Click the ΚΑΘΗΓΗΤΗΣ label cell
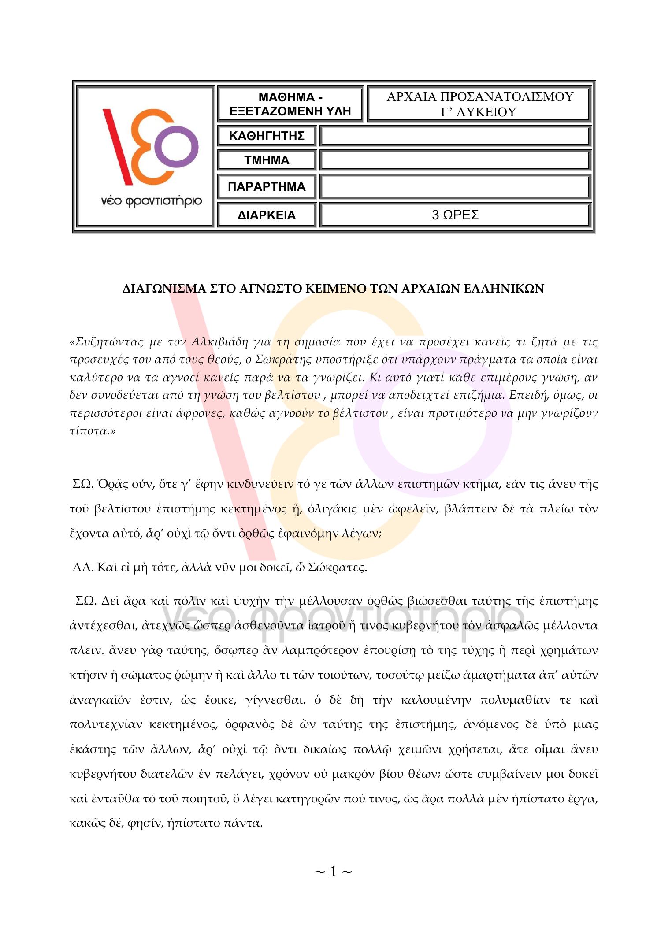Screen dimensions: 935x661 pos(267,136)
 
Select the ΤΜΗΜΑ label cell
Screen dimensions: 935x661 pos(267,160)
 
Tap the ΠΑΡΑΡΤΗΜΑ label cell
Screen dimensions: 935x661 pos(267,186)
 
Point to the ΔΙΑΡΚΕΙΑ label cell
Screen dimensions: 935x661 pos(267,215)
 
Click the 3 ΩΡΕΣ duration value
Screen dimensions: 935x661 pos(455,215)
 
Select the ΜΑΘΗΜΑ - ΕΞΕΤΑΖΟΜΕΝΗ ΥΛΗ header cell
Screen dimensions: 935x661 pos(290,104)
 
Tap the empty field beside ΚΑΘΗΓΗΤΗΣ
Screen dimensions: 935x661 pos(455,136)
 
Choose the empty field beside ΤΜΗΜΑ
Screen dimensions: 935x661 pos(455,160)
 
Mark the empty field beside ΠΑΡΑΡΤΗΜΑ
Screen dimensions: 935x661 pos(455,186)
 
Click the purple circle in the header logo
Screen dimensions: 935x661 pos(177,147)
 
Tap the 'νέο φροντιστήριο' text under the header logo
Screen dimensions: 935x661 pos(151,201)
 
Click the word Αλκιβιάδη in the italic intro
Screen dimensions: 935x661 pos(219,341)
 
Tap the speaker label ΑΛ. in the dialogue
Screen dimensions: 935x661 pos(82,567)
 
